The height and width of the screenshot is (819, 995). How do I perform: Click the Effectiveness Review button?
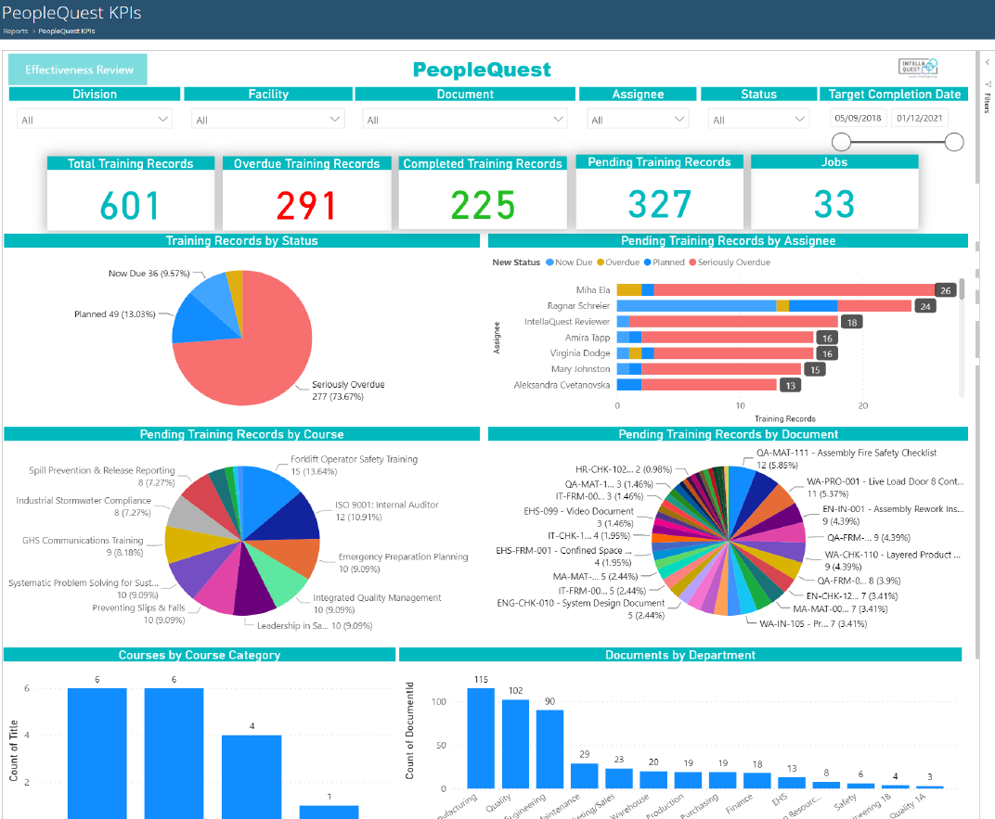click(x=78, y=70)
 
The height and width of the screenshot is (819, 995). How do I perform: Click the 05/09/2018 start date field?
click(x=858, y=118)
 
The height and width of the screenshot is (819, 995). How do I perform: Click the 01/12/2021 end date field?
click(x=919, y=118)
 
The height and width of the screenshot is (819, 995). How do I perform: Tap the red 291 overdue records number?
click(x=306, y=206)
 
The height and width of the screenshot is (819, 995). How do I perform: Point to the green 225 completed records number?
click(x=483, y=206)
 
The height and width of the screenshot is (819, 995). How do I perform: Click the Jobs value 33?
click(x=834, y=206)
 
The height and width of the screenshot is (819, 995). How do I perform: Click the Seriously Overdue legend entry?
click(x=734, y=262)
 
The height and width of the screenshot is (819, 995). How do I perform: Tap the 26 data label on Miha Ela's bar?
click(x=946, y=290)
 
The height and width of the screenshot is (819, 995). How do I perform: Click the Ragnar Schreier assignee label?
click(x=579, y=306)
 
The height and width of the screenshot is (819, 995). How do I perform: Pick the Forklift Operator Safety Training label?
click(x=354, y=459)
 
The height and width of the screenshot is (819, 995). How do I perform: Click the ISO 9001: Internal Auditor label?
click(x=387, y=505)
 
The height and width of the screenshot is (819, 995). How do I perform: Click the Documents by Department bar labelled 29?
click(x=584, y=775)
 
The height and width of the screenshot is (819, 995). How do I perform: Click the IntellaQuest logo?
click(x=918, y=66)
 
